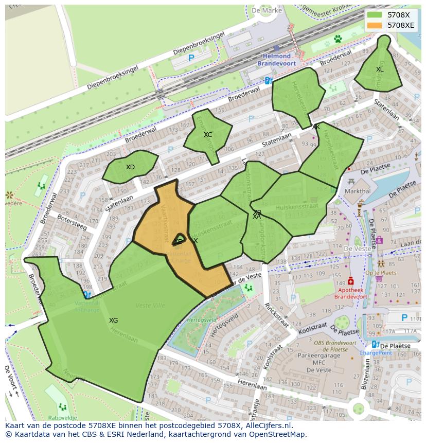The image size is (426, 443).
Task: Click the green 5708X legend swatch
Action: pos(375,15)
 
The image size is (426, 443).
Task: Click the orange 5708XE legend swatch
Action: pos(375,25)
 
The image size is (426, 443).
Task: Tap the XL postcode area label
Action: pos(380,69)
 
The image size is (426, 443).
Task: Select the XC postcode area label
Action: pos(208,135)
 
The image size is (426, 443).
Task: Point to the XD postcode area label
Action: pos(130,167)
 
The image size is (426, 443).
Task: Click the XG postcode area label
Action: pos(113,321)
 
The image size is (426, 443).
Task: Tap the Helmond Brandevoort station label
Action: pos(277,59)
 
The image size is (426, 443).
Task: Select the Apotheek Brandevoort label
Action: pos(351,293)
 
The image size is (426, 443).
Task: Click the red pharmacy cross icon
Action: pos(351,281)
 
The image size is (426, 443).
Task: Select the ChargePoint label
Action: pos(376,353)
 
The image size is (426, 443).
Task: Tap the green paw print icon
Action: pos(338,39)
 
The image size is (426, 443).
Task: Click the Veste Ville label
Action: pos(150,305)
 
